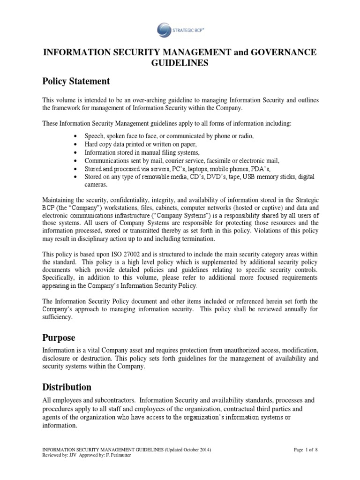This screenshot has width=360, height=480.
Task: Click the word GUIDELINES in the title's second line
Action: pyautogui.click(x=180, y=63)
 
